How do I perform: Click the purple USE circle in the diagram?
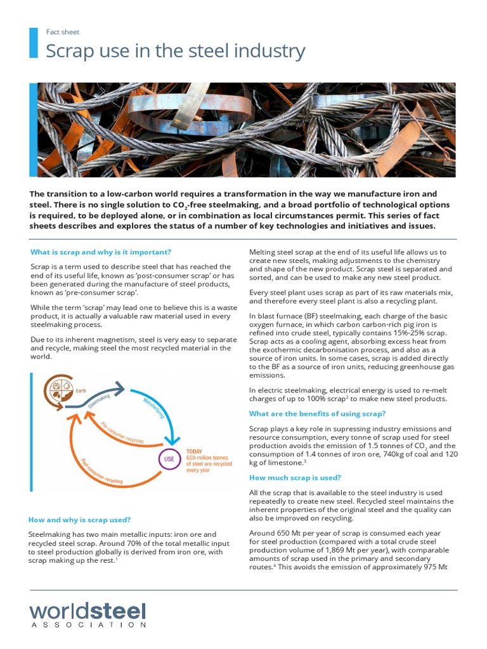point(169,458)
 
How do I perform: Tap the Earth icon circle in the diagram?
point(55,391)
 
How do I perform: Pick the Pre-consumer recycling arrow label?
point(122,431)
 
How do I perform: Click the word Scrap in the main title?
point(67,51)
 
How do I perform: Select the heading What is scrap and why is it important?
point(101,252)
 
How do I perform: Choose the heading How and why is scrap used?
point(80,520)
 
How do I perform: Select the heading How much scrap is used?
point(295,477)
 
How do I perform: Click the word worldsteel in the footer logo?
point(88,611)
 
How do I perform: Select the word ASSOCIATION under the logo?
point(88,625)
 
